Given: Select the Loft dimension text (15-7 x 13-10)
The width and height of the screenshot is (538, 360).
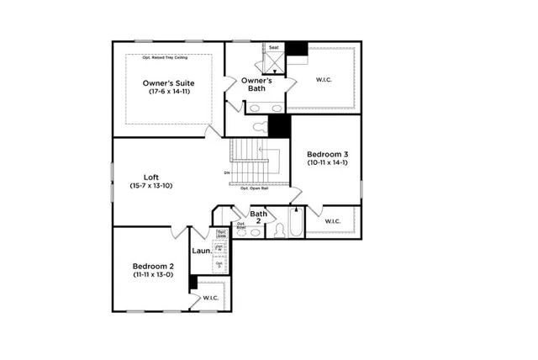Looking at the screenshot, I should point(151,185).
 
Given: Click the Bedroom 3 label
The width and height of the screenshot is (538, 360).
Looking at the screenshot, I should point(326,154).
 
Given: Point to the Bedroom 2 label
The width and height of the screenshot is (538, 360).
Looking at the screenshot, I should point(152,265).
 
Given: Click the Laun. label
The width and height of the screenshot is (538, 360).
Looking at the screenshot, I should point(202,250).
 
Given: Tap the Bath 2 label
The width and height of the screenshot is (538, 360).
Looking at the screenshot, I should point(259,218).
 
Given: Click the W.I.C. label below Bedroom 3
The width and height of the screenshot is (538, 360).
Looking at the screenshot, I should point(332,222).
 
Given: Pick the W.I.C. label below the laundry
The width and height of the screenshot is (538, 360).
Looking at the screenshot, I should point(210,298).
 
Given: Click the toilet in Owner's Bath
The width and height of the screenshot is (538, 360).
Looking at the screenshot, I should point(260,126).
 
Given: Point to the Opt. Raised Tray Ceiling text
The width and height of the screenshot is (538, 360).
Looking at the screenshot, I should point(171,57).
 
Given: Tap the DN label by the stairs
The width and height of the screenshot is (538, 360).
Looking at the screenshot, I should point(227,173).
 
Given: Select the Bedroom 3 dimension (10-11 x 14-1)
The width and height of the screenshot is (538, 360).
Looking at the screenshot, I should point(326,162).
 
